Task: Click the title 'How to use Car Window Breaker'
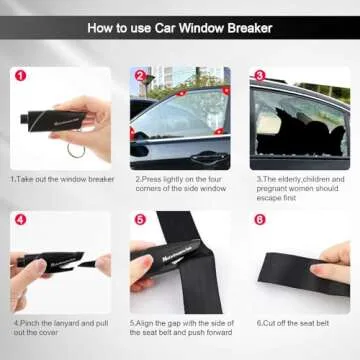point(180,27)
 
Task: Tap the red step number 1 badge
point(20,75)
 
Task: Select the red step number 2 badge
point(140,75)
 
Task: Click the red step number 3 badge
point(259,75)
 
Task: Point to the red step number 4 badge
point(20,218)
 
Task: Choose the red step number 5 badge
point(140,218)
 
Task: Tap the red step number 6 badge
point(259,218)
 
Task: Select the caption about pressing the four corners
point(180,184)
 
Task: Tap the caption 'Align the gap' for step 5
point(180,328)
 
